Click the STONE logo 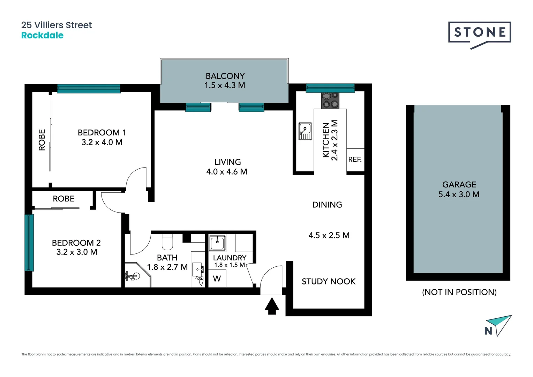coord(480,33)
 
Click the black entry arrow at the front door coord(272,306)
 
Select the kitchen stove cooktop coord(330,100)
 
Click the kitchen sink coord(305,131)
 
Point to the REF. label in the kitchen coord(355,160)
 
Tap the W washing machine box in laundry coord(217,279)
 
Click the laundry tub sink coord(217,243)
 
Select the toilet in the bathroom coord(167,242)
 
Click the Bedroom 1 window coord(89,89)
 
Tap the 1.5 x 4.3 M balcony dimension coord(225,86)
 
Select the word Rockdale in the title coord(42,35)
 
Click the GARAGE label coord(459,185)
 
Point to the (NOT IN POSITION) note coord(459,292)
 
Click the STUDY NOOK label coord(328,281)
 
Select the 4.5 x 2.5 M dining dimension coord(329,235)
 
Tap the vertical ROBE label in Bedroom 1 coord(42,140)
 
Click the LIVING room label coord(227,162)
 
